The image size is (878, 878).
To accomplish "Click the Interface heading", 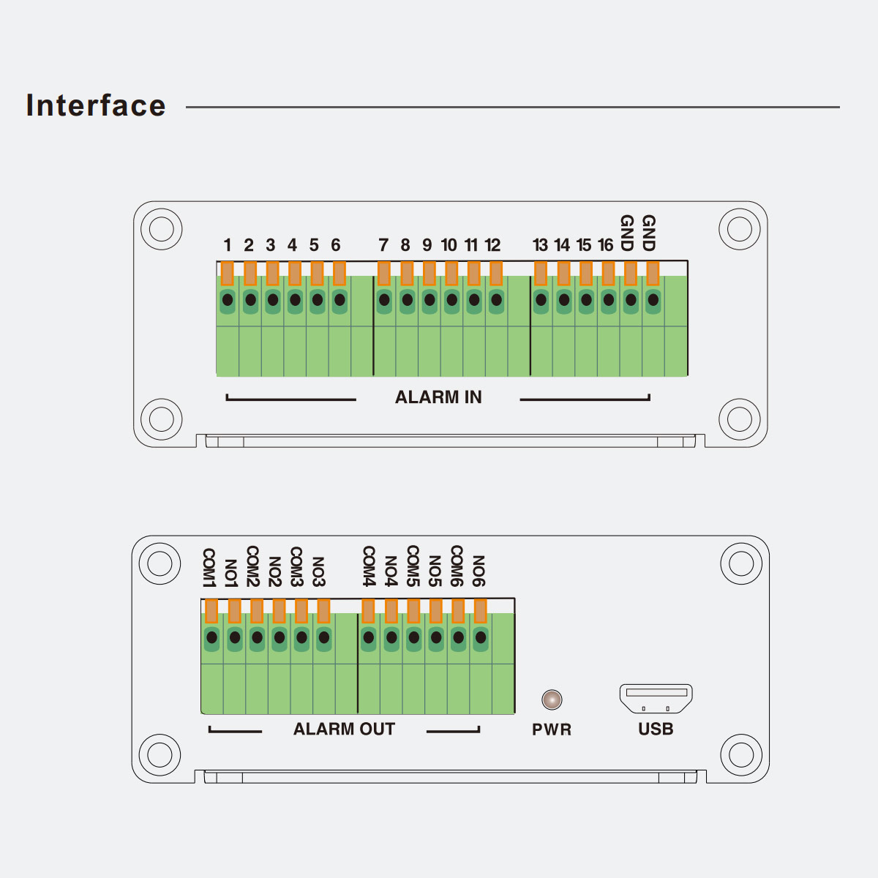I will pyautogui.click(x=96, y=105).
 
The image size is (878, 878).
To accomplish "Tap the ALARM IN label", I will pyautogui.click(x=438, y=397).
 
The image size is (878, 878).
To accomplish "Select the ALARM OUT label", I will pyautogui.click(x=344, y=729).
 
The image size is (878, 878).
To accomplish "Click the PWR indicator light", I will pyautogui.click(x=552, y=699).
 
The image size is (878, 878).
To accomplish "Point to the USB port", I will pyautogui.click(x=656, y=698).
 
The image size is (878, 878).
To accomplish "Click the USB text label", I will pyautogui.click(x=656, y=729).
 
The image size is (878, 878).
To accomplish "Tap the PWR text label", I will pyautogui.click(x=552, y=729).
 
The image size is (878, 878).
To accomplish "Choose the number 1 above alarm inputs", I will pyautogui.click(x=228, y=245).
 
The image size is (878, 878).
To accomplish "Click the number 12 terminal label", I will pyautogui.click(x=493, y=245).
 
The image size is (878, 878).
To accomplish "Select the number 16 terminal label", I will pyautogui.click(x=606, y=245).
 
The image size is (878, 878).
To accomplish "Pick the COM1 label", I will pyautogui.click(x=209, y=567).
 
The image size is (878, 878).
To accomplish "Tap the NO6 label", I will pyautogui.click(x=479, y=571).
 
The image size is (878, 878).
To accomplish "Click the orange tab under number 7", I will pyautogui.click(x=384, y=274).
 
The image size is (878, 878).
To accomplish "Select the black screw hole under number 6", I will pyautogui.click(x=339, y=300).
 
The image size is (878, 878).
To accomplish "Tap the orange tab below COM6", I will pyautogui.click(x=458, y=611).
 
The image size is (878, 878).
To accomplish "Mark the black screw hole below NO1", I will pyautogui.click(x=235, y=638).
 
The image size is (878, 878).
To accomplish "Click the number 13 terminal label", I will pyautogui.click(x=540, y=245).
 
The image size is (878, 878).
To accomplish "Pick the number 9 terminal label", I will pyautogui.click(x=427, y=245).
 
